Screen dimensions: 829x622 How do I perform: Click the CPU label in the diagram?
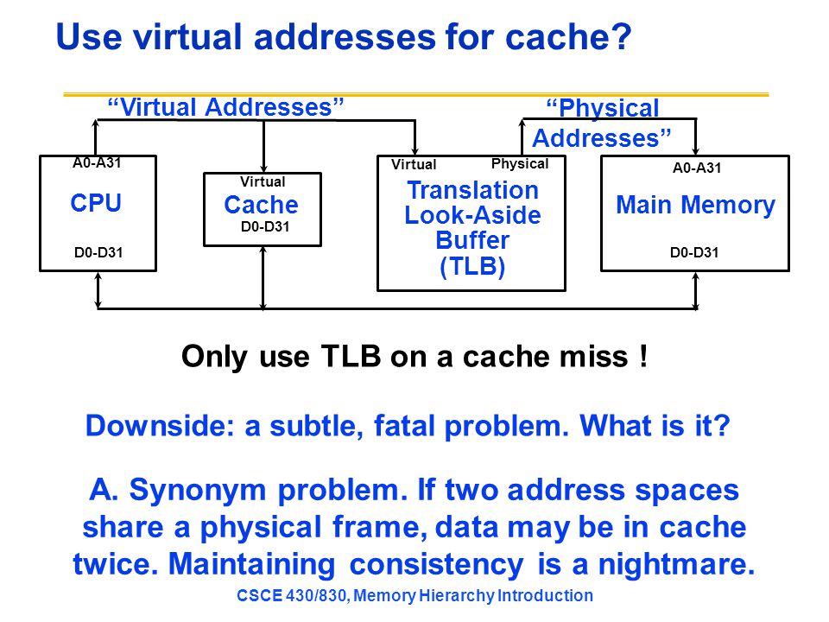(96, 203)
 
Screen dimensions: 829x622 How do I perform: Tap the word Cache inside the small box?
(261, 205)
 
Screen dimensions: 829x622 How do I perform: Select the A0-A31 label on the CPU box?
(97, 163)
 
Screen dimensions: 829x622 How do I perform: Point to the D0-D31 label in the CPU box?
(98, 252)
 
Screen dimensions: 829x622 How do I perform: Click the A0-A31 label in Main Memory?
(697, 168)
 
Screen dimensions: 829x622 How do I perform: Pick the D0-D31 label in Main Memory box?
(694, 252)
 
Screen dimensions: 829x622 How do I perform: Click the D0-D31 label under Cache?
(265, 227)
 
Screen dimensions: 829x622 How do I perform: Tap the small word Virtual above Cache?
(263, 182)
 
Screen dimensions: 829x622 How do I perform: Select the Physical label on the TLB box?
(520, 164)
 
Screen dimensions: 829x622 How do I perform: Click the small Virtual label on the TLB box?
(414, 164)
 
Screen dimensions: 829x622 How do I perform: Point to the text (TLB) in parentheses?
(472, 266)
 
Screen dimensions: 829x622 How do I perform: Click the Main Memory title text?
(695, 206)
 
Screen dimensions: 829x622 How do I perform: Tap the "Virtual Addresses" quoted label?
(225, 107)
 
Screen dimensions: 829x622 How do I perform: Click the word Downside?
(160, 426)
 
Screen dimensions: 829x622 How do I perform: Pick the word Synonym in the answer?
(198, 491)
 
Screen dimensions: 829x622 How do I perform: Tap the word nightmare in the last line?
(676, 564)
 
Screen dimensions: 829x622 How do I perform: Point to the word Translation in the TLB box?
(473, 190)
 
